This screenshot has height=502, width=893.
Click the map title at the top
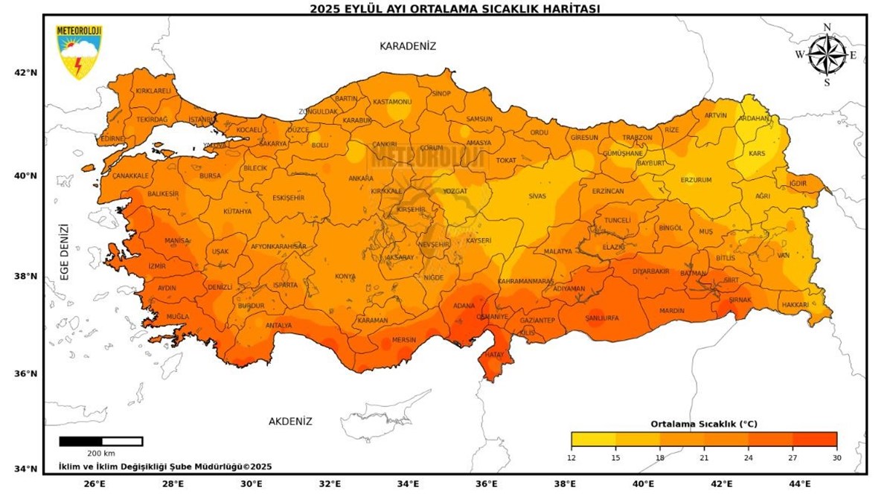point(455,8)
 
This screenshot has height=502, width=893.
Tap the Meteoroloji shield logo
point(79,51)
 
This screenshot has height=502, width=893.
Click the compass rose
point(827,55)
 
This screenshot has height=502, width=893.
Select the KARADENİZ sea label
point(408,46)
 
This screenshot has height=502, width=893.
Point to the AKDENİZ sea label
point(290,422)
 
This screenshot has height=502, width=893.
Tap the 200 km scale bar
point(100,442)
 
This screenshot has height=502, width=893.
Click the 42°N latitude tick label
point(26,73)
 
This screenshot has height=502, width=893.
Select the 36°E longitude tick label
point(486,484)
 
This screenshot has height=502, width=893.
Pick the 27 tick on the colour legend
point(793,458)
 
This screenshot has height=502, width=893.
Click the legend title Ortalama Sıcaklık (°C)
point(703,424)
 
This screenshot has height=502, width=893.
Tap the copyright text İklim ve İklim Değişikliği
point(165,467)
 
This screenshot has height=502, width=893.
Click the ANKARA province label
point(361,178)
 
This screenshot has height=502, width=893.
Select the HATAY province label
point(494,355)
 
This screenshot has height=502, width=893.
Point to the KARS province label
point(757,154)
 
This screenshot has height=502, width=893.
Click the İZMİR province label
point(157,266)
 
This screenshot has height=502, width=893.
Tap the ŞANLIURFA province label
point(602,318)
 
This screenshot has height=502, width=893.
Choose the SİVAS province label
point(537,196)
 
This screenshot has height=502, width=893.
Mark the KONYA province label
point(345,277)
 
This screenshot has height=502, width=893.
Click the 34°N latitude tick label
point(26,469)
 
